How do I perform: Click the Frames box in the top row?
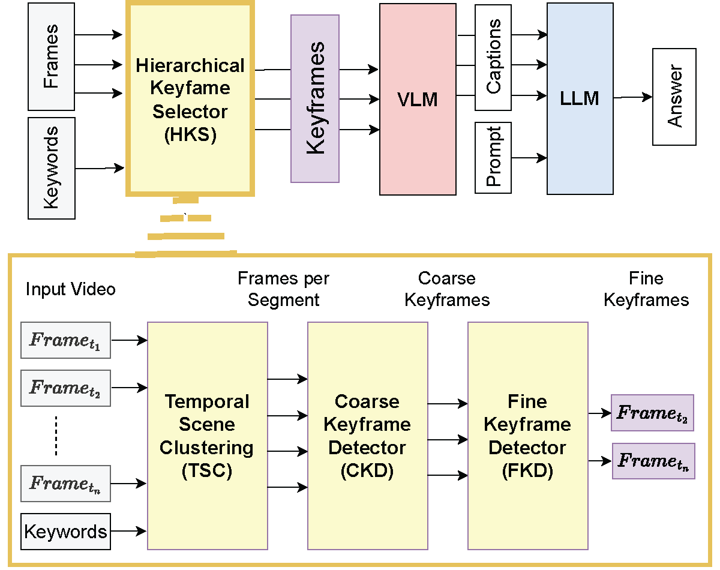tap(52, 56)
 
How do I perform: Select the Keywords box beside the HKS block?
tap(52, 168)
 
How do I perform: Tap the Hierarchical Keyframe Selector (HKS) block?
tap(190, 99)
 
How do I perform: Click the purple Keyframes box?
tap(315, 98)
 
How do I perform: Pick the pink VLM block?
tap(418, 99)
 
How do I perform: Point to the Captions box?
tap(493, 58)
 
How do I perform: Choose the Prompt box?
tap(493, 158)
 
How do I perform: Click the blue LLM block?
tap(580, 98)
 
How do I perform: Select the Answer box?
tap(674, 97)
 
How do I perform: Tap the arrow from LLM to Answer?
tap(632, 97)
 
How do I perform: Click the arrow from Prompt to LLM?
tap(529, 158)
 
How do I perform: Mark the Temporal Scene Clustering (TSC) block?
tap(207, 436)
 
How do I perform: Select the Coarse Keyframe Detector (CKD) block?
tap(367, 436)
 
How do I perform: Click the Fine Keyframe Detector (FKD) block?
tap(527, 436)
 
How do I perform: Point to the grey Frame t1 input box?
tap(65, 340)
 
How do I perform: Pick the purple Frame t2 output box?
tap(652, 413)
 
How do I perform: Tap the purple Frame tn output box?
tap(653, 461)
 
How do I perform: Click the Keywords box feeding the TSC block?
tap(66, 531)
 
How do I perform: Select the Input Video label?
tap(70, 289)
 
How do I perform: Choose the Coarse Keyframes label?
tap(447, 289)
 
